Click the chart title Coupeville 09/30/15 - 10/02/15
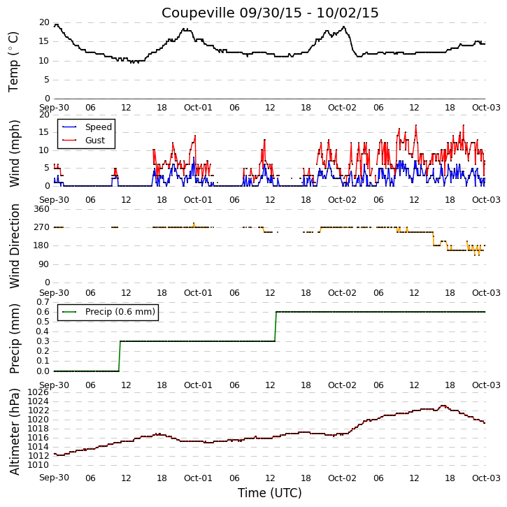point(270,13)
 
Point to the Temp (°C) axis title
point(13,62)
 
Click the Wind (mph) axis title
point(14,154)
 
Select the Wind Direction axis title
point(14,246)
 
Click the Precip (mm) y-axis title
point(14,339)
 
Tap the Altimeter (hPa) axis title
point(14,431)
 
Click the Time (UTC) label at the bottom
point(270,493)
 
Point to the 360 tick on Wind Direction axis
point(42,209)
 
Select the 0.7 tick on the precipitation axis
point(43,302)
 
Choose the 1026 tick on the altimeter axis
point(39,392)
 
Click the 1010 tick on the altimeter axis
point(39,465)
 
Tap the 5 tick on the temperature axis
point(47,80)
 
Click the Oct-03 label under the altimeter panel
point(486,478)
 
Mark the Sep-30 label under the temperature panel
point(55,108)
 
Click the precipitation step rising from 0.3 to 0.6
point(276,327)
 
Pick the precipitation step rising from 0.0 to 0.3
point(120,356)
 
